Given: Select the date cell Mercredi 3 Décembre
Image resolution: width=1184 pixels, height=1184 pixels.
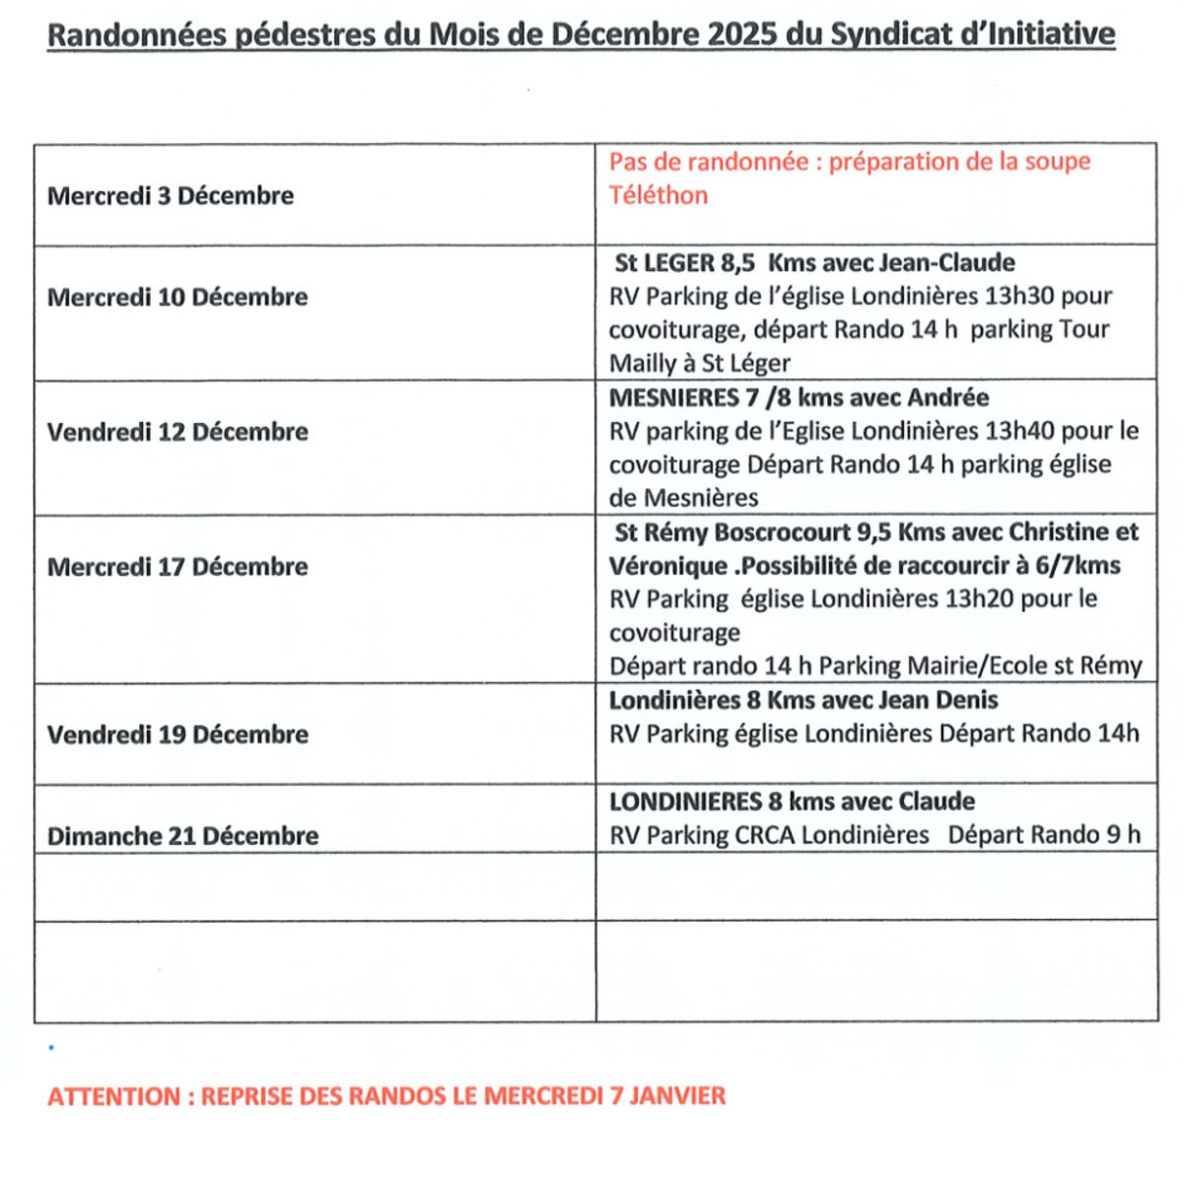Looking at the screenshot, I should pos(171,195).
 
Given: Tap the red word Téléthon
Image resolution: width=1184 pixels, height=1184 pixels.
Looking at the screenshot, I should pos(658,195).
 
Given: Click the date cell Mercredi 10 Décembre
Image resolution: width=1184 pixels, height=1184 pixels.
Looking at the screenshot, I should pos(177,297).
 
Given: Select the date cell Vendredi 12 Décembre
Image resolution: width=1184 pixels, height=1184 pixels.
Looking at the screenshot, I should pos(177,432).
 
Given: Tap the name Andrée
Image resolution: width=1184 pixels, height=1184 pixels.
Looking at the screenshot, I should pos(948,397).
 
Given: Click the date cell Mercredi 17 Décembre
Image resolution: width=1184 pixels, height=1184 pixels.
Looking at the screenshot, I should pos(177,567).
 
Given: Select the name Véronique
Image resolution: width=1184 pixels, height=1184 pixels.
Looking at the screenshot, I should pos(669,566).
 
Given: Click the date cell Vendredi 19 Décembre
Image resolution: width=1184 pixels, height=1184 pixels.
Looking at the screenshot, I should pos(177,734).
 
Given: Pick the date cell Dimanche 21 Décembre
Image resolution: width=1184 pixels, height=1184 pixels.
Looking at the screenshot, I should pos(182,836).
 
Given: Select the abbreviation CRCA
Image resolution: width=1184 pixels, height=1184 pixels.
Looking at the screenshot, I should pos(764,835).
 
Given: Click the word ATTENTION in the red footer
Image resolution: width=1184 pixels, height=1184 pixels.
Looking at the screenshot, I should pos(114,1096).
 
